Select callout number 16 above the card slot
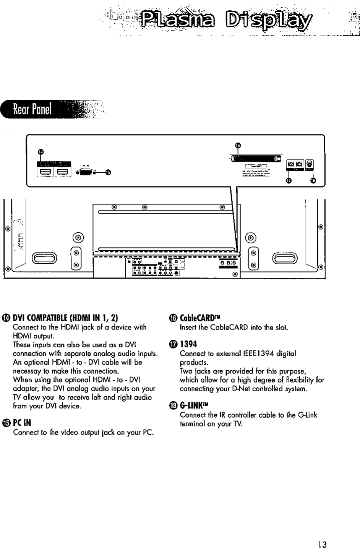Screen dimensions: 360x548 (x=237, y=145)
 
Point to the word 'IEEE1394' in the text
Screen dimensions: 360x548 (x=248, y=354)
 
